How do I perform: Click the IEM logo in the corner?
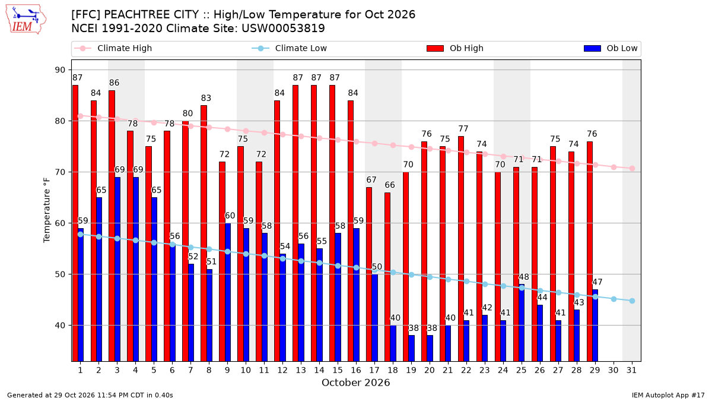click(x=26, y=20)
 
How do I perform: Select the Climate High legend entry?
click(x=113, y=48)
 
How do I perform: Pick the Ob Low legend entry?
click(x=611, y=48)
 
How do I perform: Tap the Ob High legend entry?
click(x=455, y=48)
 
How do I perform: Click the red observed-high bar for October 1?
click(x=75, y=223)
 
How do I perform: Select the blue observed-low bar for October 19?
click(x=412, y=348)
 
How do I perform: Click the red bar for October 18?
click(x=387, y=277)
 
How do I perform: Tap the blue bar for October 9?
click(x=228, y=292)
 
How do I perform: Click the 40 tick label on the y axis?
click(x=60, y=326)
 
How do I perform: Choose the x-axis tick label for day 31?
click(x=631, y=370)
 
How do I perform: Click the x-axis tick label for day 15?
click(x=338, y=370)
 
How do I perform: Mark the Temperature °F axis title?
click(x=47, y=210)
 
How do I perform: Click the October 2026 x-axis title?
click(x=355, y=383)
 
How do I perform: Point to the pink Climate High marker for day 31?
click(x=632, y=168)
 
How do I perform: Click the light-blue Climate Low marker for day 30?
click(x=614, y=299)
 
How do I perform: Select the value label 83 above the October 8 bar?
click(x=206, y=98)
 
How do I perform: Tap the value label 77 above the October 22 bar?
click(x=463, y=128)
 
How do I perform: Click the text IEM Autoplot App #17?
click(x=668, y=395)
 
